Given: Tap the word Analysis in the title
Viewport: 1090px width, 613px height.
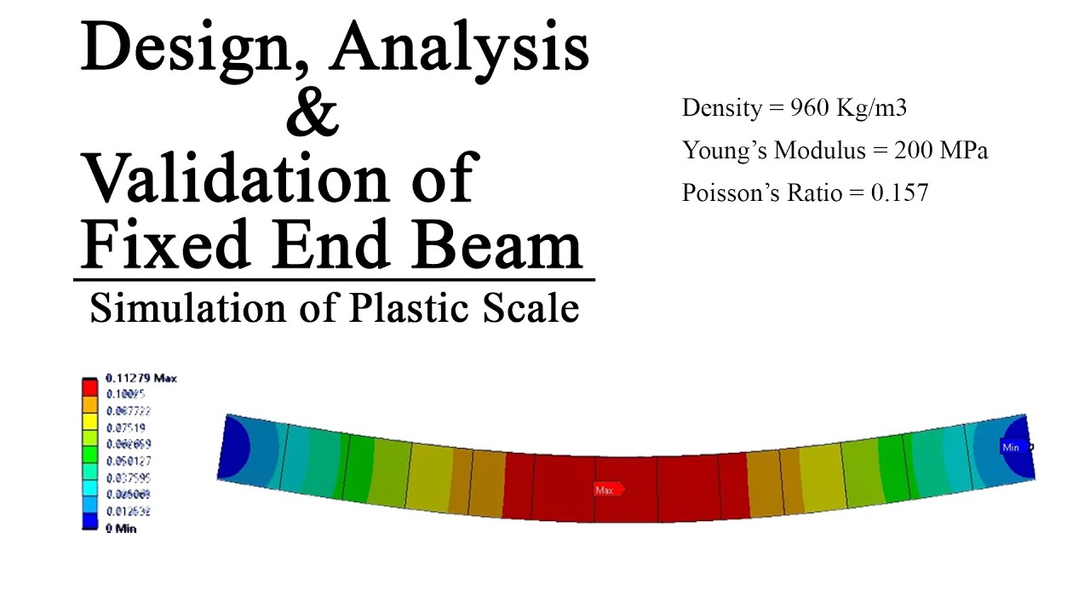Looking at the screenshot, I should pyautogui.click(x=460, y=49).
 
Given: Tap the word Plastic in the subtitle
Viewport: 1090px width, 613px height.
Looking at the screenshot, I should pyautogui.click(x=400, y=308).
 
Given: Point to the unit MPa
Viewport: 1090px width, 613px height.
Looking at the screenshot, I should pyautogui.click(x=966, y=151).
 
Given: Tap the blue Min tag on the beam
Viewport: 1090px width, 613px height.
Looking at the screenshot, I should pyautogui.click(x=1012, y=447).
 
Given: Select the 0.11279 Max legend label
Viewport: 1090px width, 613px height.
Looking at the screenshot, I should pyautogui.click(x=141, y=378).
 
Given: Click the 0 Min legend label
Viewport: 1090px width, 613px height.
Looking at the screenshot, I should pyautogui.click(x=120, y=529).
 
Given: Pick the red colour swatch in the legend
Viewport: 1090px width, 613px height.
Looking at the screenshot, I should pyautogui.click(x=90, y=387).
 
